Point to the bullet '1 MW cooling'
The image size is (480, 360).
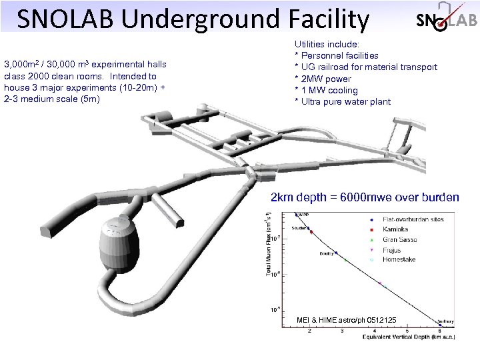coord(326,90)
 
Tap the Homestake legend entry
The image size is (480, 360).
coord(399,259)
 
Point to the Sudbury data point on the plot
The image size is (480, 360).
coord(441,325)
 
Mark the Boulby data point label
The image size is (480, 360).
coord(326,253)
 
